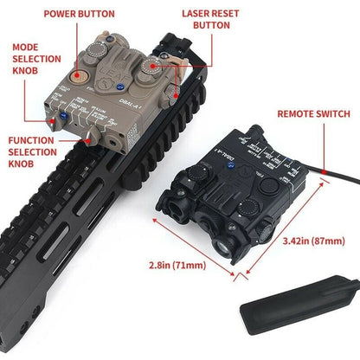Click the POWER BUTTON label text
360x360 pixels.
pos(104,15)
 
